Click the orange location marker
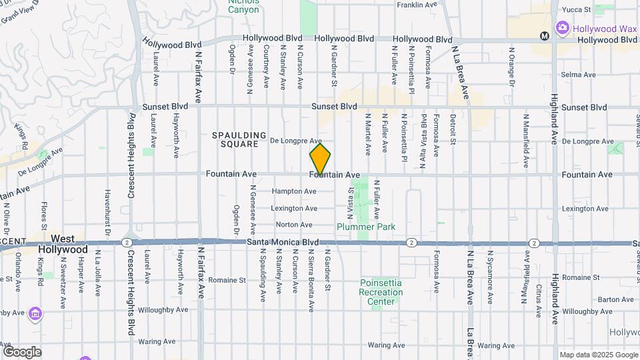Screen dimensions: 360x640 (x=320, y=159)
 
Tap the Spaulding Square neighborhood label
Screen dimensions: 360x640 (x=239, y=139)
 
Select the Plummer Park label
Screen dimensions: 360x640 (x=366, y=227)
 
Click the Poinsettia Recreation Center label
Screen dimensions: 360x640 (x=381, y=292)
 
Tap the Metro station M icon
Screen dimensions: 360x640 (x=544, y=35)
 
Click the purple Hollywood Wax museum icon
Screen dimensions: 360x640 (x=562, y=27)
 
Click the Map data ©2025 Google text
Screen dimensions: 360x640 (x=598, y=355)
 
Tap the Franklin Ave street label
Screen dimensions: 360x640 (x=416, y=5)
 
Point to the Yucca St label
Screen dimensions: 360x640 (x=577, y=9)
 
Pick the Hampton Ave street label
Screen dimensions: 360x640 (x=294, y=191)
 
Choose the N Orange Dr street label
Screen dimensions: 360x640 (x=511, y=67)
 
